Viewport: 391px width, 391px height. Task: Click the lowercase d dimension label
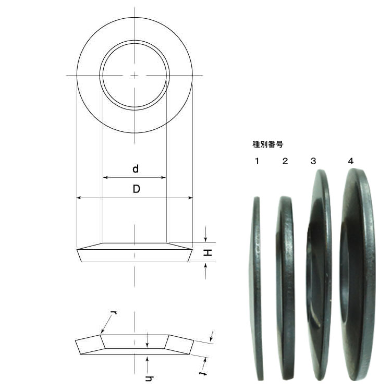pyautogui.click(x=136, y=169)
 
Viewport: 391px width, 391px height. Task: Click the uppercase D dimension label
pyautogui.click(x=136, y=189)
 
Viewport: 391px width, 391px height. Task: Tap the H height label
pyautogui.click(x=207, y=252)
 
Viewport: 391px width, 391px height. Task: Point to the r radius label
pyautogui.click(x=114, y=313)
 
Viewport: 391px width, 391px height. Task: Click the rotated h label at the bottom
pyautogui.click(x=149, y=378)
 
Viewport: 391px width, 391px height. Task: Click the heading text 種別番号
pyautogui.click(x=268, y=144)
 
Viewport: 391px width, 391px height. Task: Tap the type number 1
pyautogui.click(x=257, y=161)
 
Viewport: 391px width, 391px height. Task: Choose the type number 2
pyautogui.click(x=285, y=161)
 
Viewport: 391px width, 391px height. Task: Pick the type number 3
pyautogui.click(x=313, y=161)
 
